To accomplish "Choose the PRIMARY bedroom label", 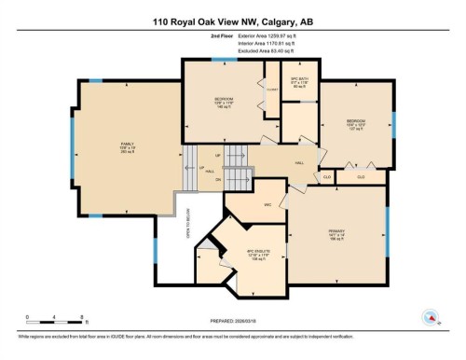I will pyautogui.click(x=337, y=231).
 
